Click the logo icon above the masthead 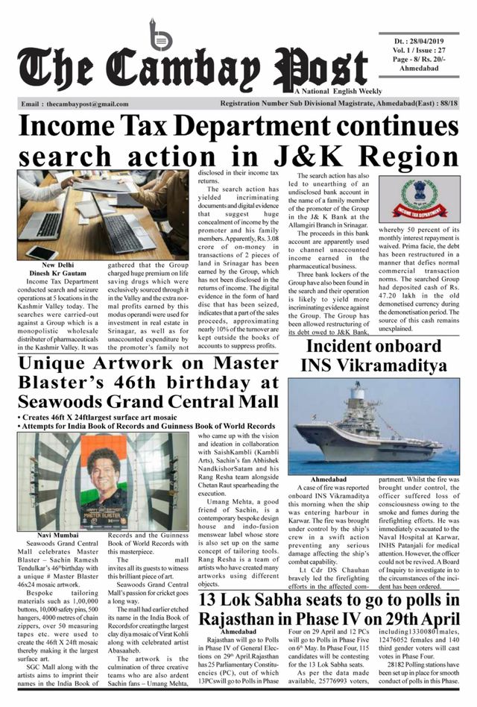coord(159,34)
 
